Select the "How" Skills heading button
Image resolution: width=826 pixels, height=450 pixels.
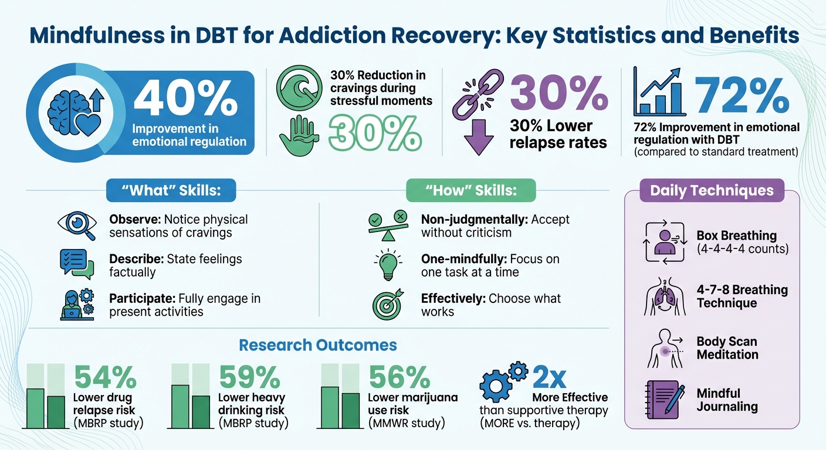tap(471, 190)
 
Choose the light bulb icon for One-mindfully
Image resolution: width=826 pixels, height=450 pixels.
tap(387, 265)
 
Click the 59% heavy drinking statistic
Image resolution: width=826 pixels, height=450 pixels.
tap(248, 378)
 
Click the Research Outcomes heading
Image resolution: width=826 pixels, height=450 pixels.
tap(317, 345)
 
